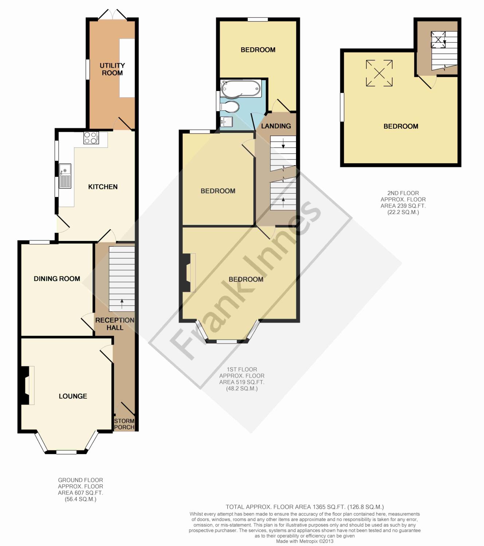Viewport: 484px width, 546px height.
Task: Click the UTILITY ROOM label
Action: click(112, 69)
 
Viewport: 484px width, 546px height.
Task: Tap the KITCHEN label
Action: click(103, 187)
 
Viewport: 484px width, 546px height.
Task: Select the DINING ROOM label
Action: click(57, 279)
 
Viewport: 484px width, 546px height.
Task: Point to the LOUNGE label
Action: click(73, 396)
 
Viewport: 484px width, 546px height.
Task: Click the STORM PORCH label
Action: click(124, 424)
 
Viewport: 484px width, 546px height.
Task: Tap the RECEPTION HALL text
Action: click(115, 324)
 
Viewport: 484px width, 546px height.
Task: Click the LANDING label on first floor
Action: click(276, 126)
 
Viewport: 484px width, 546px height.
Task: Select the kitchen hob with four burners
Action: click(91, 138)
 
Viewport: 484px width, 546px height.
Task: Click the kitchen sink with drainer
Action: click(65, 176)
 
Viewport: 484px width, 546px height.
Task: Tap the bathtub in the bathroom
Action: click(241, 89)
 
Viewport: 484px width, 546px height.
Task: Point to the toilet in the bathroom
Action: click(229, 107)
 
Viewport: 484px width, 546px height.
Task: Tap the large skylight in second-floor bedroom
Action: click(379, 73)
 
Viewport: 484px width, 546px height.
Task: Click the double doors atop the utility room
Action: click(113, 15)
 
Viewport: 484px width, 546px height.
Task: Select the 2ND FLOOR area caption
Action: click(403, 203)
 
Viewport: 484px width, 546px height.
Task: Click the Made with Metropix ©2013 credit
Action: click(304, 541)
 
